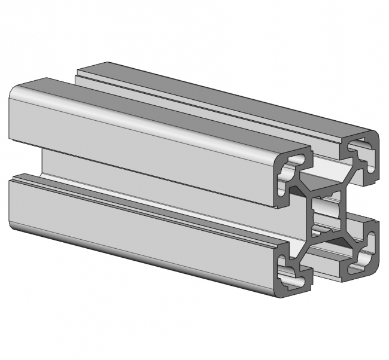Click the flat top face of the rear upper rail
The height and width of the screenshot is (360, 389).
[x=227, y=90]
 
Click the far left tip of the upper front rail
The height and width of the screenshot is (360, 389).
[x=11, y=114]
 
